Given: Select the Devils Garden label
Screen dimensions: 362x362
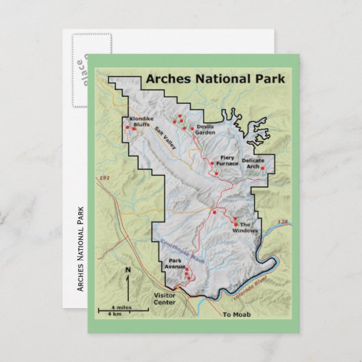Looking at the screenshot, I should pyautogui.click(x=206, y=130).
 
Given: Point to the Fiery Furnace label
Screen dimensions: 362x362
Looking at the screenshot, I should pyautogui.click(x=227, y=161).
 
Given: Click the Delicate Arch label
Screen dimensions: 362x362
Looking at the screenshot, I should pyautogui.click(x=253, y=163).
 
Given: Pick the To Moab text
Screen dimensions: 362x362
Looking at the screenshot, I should pyautogui.click(x=237, y=314).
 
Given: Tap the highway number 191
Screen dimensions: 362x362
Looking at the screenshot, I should pyautogui.click(x=105, y=178).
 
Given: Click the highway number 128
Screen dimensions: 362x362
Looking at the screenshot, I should pyautogui.click(x=283, y=222).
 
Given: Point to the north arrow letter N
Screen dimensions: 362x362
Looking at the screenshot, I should pyautogui.click(x=127, y=270).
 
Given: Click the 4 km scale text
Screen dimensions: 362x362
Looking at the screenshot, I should pyautogui.click(x=114, y=314).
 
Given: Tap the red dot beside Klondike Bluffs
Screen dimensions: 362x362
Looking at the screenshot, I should pyautogui.click(x=128, y=126).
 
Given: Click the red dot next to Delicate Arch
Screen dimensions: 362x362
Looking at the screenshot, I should pyautogui.click(x=264, y=167).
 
